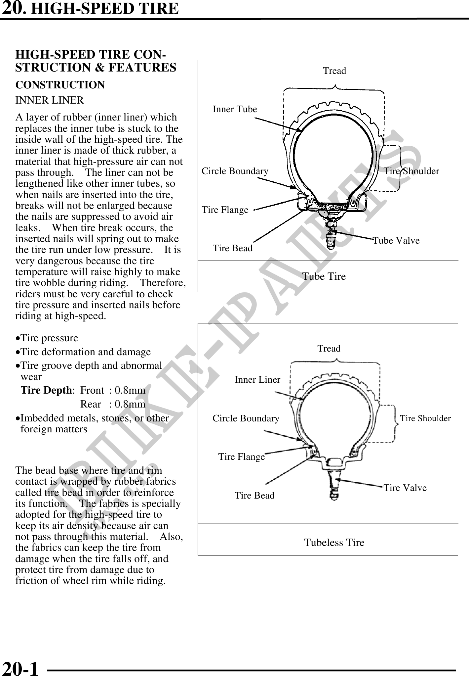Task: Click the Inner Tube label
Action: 235,109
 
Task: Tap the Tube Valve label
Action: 396,241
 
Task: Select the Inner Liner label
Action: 257,380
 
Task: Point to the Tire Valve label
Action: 405,488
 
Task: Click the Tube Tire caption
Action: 324,276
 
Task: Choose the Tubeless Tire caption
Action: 334,543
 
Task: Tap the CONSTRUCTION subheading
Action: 60,85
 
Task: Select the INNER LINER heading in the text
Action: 50,100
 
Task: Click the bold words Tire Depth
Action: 46,391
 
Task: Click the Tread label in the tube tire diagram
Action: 334,71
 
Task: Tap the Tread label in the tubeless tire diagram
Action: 329,349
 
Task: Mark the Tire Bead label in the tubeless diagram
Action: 254,496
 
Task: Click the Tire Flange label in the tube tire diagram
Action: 225,210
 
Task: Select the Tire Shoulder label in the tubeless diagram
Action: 425,418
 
